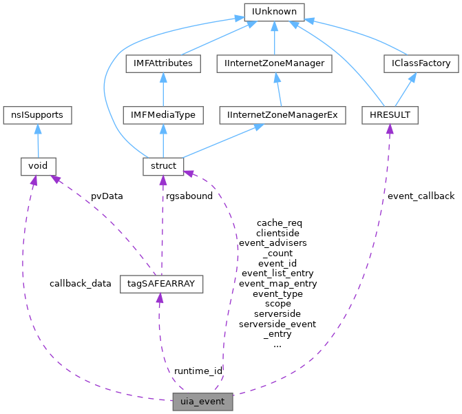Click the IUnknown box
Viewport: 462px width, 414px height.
[x=274, y=12]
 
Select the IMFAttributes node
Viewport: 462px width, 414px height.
[x=163, y=63]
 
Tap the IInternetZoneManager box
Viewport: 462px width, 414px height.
[x=274, y=63]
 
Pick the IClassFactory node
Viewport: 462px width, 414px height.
[x=421, y=63]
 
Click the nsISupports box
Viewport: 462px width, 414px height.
[x=37, y=115]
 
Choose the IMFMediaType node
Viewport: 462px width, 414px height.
[x=163, y=115]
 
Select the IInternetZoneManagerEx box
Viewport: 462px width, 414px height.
[x=283, y=115]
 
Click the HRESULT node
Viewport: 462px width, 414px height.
[x=390, y=115]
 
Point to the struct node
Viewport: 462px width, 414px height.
[x=163, y=166]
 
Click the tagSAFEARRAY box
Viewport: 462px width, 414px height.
[x=162, y=283]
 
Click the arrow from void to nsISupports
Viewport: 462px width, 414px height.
[x=37, y=141]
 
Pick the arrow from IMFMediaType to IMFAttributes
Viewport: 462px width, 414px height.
[x=163, y=90]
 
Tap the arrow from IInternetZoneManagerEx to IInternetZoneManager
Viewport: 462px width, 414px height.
[x=279, y=90]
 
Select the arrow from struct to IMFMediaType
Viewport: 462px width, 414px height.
[x=163, y=141]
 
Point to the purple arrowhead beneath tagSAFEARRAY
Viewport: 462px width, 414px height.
[x=160, y=298]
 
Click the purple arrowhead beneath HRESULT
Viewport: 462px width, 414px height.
[x=389, y=130]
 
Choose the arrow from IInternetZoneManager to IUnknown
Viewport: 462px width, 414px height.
[x=274, y=38]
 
